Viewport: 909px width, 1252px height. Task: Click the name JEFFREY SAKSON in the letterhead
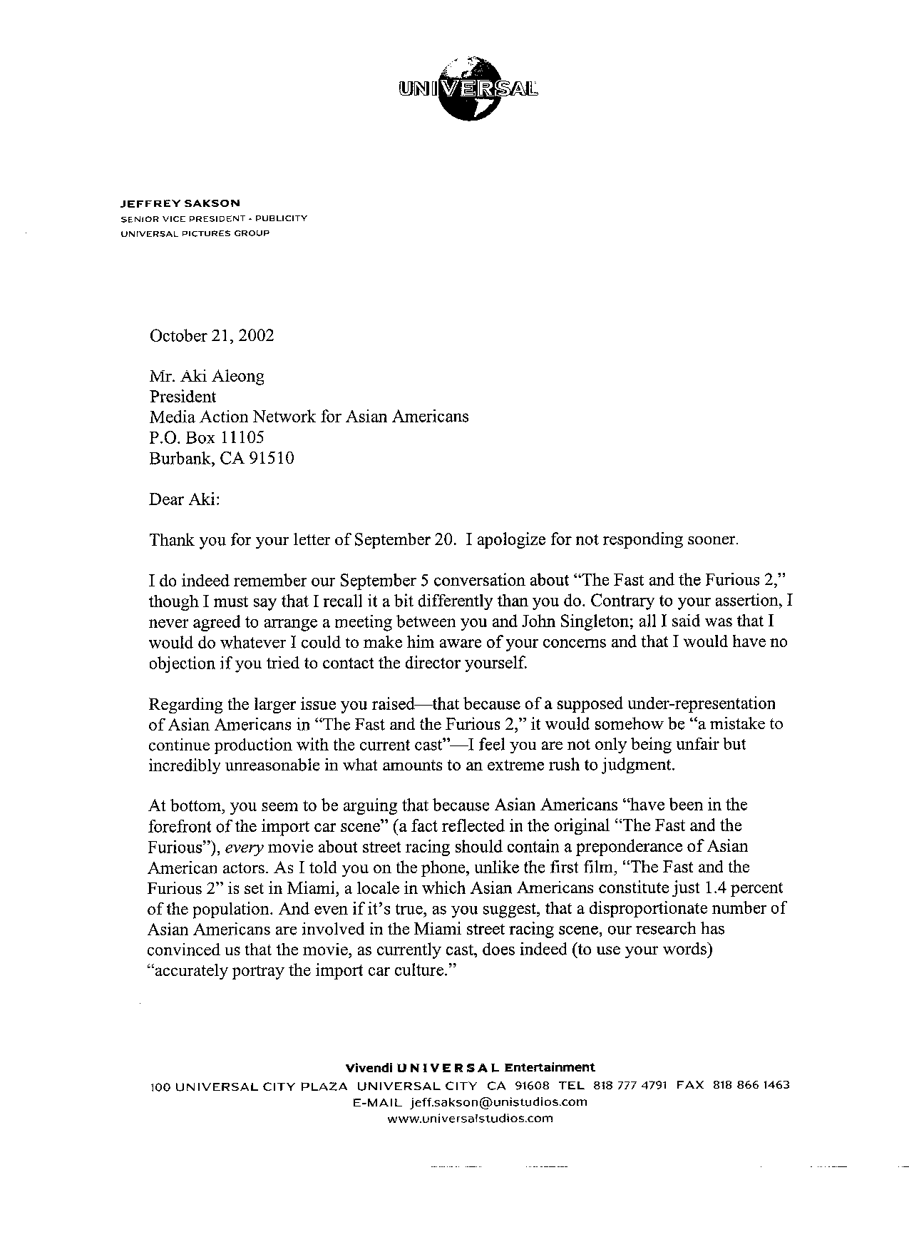click(x=180, y=203)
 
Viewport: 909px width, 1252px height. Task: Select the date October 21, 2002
click(x=211, y=335)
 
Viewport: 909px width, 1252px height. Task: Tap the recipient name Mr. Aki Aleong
click(x=207, y=376)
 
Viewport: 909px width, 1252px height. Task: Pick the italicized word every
click(x=245, y=848)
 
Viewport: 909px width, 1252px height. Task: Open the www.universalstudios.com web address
click(x=470, y=1118)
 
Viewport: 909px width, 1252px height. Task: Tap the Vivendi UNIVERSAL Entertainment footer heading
click(x=470, y=1067)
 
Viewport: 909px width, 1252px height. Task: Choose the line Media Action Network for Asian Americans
click(x=309, y=417)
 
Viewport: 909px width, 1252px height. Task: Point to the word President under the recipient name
click(x=183, y=396)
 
